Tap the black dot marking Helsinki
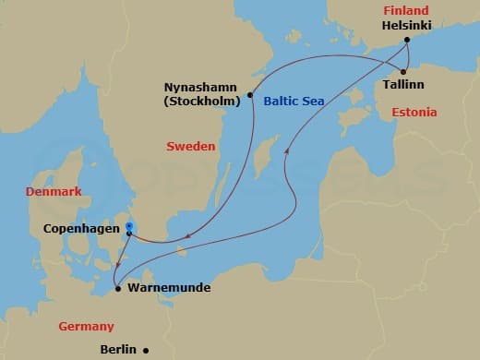410,40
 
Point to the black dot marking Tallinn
404,71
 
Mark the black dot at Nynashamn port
251,94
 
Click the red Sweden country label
191,146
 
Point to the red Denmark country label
54,191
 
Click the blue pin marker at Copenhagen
129,225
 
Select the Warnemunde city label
169,288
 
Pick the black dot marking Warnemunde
117,289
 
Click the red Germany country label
86,326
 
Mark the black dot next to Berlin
146,350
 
